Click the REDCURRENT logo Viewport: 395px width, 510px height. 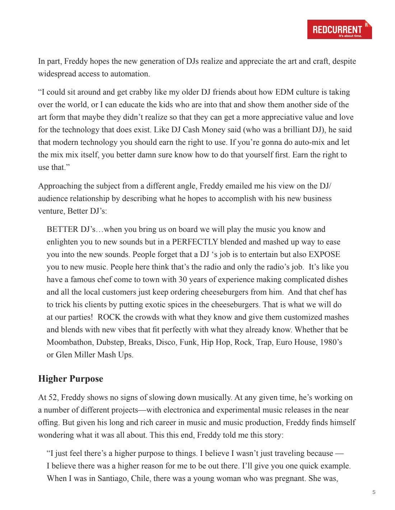(339, 29)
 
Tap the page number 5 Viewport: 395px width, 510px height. (374, 492)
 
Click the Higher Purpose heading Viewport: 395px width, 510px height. (71, 379)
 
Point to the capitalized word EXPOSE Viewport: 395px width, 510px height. (324, 254)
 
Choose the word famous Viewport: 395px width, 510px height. (84, 280)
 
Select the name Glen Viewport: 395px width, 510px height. (64, 355)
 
